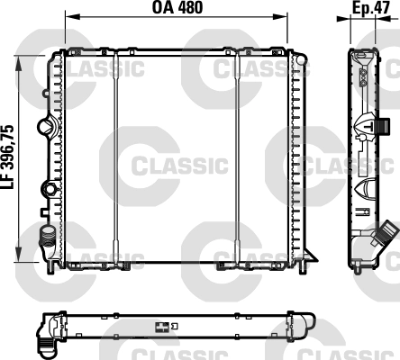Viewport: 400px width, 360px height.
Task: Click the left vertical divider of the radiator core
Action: pos(116,162)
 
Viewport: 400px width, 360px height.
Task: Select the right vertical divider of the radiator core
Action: pos(238,162)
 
